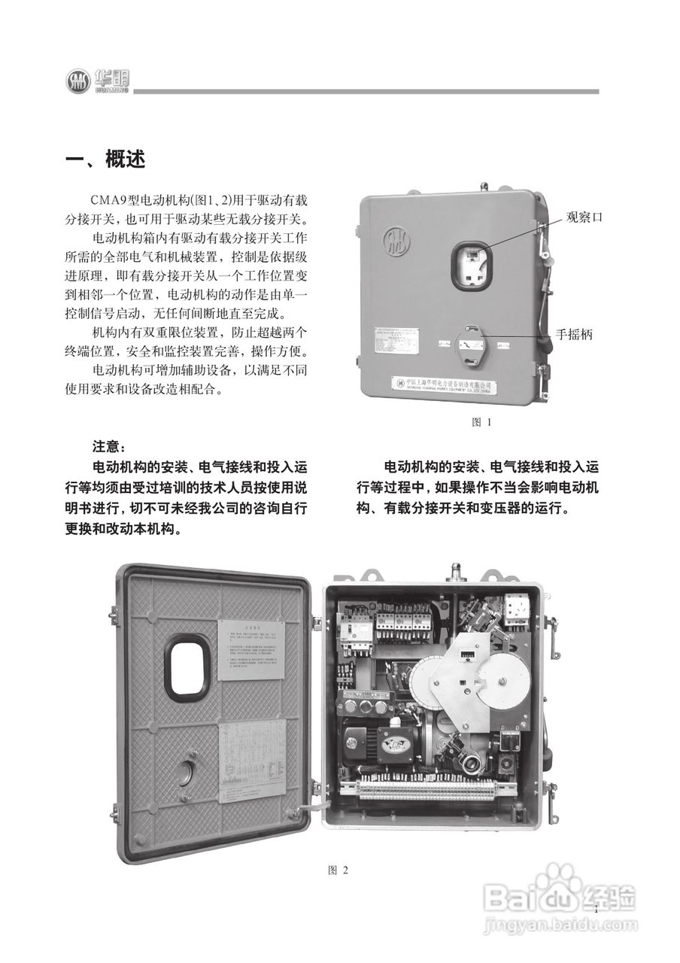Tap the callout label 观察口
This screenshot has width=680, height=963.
(x=584, y=217)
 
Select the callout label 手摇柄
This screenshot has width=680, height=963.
(x=574, y=334)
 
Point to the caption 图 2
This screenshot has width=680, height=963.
(x=338, y=870)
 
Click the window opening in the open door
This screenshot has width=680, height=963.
(x=190, y=667)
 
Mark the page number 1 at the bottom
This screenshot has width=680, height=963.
(x=595, y=909)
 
